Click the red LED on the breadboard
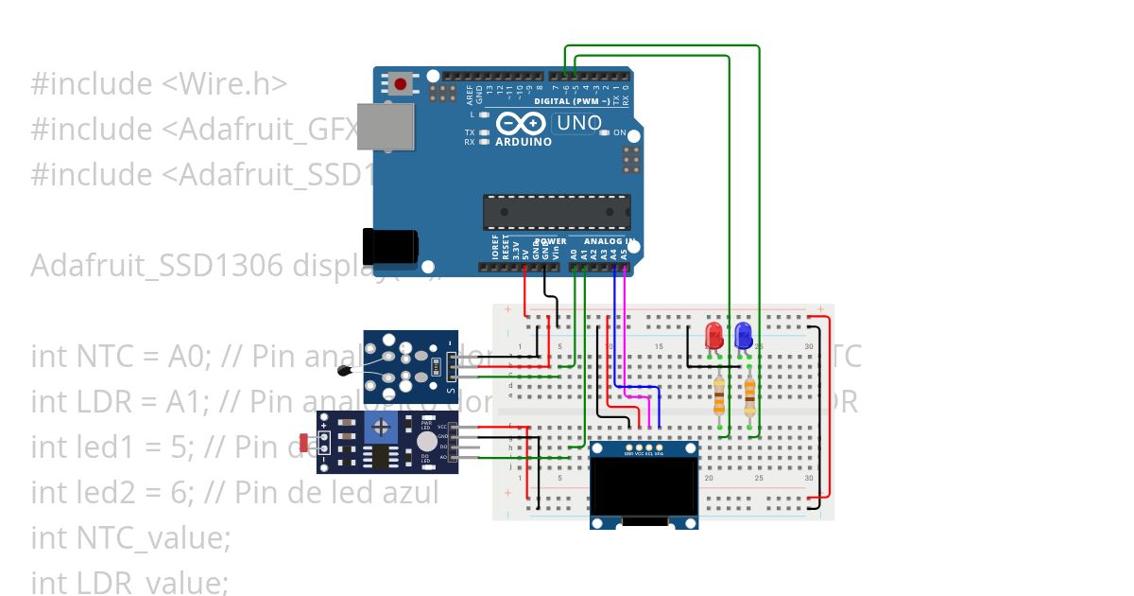pyautogui.click(x=714, y=335)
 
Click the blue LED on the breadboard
pyautogui.click(x=743, y=335)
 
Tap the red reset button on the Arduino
pyautogui.click(x=401, y=84)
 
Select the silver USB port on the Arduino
pyautogui.click(x=385, y=127)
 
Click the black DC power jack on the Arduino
pyautogui.click(x=389, y=245)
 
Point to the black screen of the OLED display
pyautogui.click(x=644, y=486)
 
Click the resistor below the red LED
pyautogui.click(x=720, y=395)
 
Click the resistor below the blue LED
pyautogui.click(x=750, y=395)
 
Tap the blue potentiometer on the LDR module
pyautogui.click(x=381, y=428)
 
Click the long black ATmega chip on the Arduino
pyautogui.click(x=557, y=212)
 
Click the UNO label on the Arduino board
pyautogui.click(x=578, y=123)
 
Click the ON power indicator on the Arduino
pyautogui.click(x=620, y=132)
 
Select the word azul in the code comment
pyautogui.click(x=408, y=492)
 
